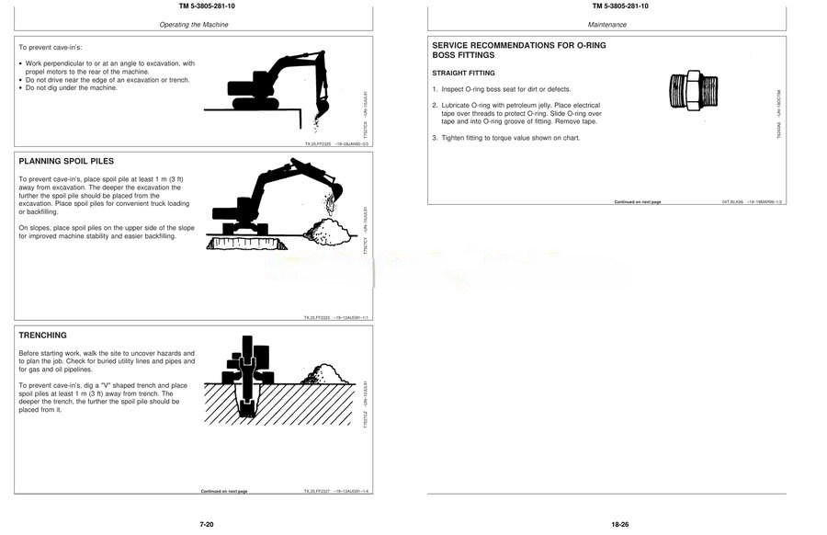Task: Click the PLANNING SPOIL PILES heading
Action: (x=66, y=161)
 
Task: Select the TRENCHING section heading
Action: (x=43, y=336)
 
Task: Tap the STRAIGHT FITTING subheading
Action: (x=463, y=73)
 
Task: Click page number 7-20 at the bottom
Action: (x=207, y=524)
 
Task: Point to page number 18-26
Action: (x=619, y=524)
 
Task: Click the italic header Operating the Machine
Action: (x=193, y=24)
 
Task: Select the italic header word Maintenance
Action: (x=607, y=24)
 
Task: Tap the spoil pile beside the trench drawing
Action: (x=321, y=374)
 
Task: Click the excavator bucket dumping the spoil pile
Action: (x=334, y=194)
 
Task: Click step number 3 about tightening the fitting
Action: (x=435, y=138)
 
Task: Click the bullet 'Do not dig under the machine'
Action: (x=71, y=87)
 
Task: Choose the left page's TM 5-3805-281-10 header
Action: (x=194, y=6)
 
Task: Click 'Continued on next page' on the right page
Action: (x=638, y=201)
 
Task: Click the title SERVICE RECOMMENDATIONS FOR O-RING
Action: (x=518, y=46)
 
